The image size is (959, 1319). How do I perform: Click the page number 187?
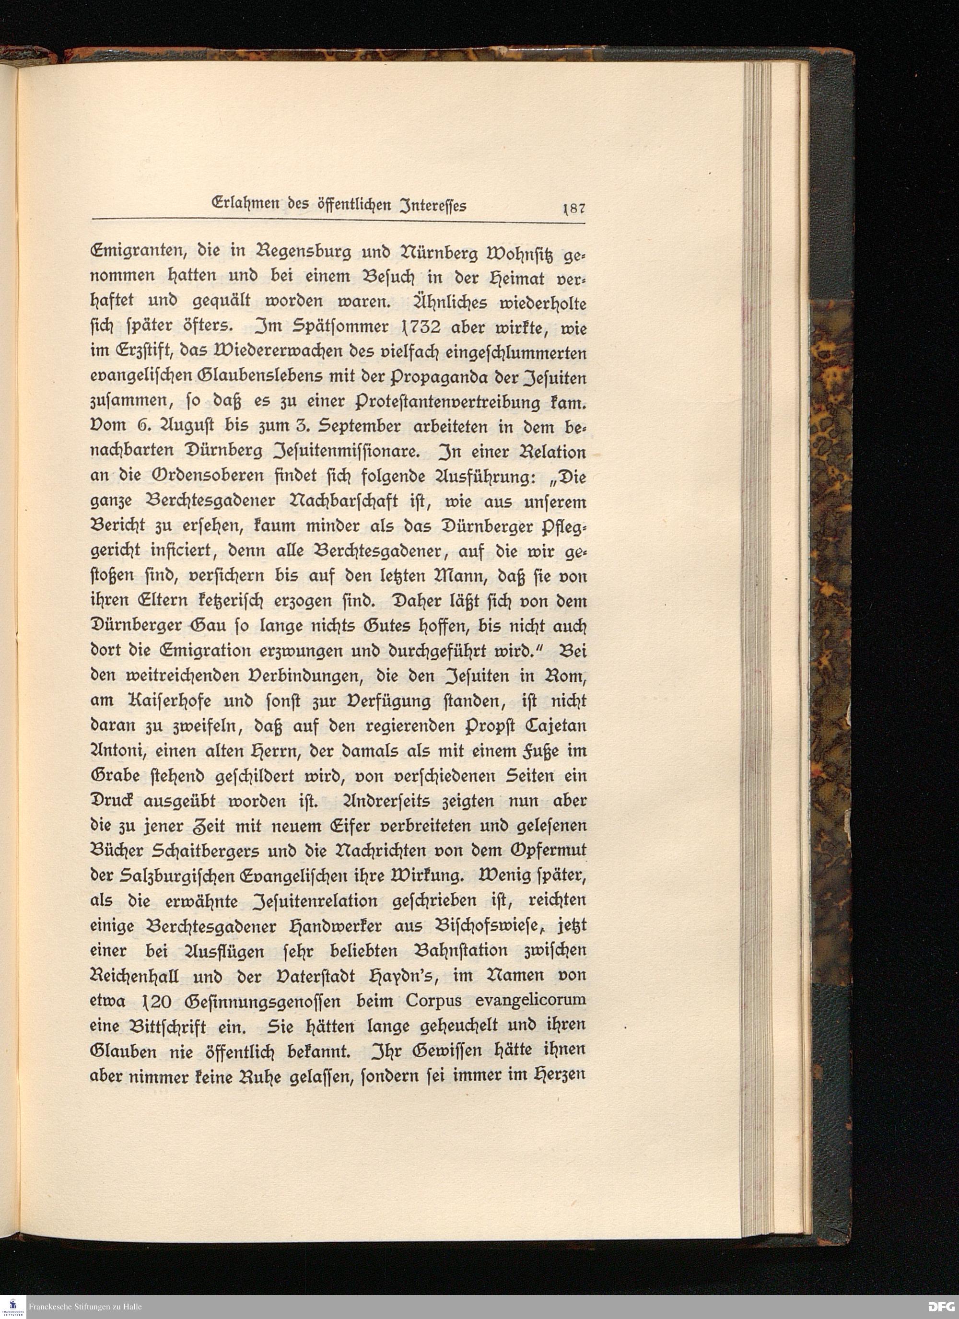(x=573, y=208)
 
